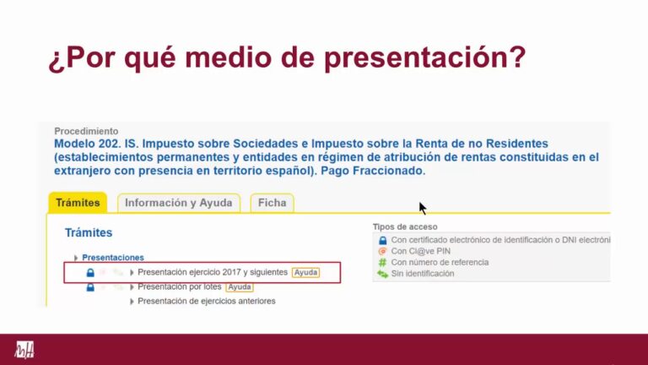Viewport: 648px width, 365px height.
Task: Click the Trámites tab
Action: (x=78, y=203)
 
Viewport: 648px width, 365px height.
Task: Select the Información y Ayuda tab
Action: (x=179, y=203)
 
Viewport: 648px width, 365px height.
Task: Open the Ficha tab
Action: (x=272, y=203)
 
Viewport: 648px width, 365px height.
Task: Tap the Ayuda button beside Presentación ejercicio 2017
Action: (x=305, y=272)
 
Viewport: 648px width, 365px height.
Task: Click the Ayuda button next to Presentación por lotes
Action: (x=240, y=286)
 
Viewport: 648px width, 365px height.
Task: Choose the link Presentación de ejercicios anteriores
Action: (x=207, y=302)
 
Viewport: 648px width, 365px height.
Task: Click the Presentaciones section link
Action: (x=113, y=258)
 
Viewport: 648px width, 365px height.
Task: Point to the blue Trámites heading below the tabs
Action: (x=89, y=232)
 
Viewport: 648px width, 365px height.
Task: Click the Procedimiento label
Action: (x=86, y=131)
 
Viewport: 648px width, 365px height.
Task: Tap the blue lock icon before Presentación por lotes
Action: (x=90, y=287)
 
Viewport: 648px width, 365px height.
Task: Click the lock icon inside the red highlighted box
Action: (x=90, y=273)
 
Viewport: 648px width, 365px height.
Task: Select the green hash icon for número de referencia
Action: (x=383, y=263)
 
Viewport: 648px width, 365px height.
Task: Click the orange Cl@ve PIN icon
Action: (x=383, y=251)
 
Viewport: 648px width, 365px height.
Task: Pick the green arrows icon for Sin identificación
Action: (x=383, y=274)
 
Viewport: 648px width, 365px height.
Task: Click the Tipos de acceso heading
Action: (x=405, y=226)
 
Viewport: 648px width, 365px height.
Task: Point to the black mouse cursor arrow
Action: (x=422, y=208)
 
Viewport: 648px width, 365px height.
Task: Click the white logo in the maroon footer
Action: (x=24, y=350)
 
